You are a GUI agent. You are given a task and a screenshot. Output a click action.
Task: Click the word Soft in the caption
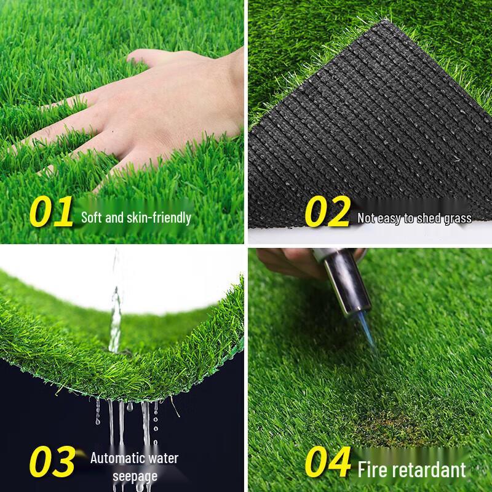(x=93, y=218)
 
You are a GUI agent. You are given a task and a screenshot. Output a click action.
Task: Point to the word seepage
(x=135, y=476)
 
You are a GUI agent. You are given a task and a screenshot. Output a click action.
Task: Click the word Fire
(x=375, y=470)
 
